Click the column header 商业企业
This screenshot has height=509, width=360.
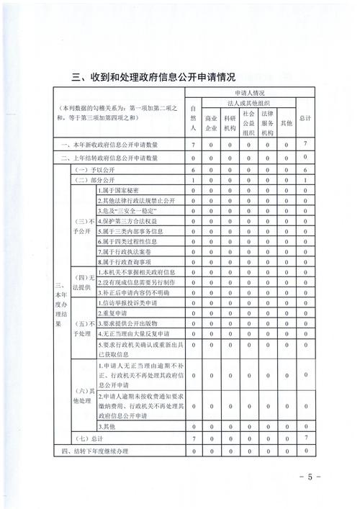click(x=211, y=123)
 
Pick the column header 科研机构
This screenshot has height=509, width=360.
click(x=230, y=123)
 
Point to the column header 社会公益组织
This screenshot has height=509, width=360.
click(x=248, y=123)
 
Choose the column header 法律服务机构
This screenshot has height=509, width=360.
click(x=267, y=123)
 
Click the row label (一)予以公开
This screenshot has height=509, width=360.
click(x=91, y=168)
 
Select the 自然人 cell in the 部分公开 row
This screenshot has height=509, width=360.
click(x=193, y=179)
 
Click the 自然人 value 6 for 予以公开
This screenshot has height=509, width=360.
click(x=193, y=168)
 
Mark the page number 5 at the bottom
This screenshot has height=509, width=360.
click(x=311, y=477)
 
